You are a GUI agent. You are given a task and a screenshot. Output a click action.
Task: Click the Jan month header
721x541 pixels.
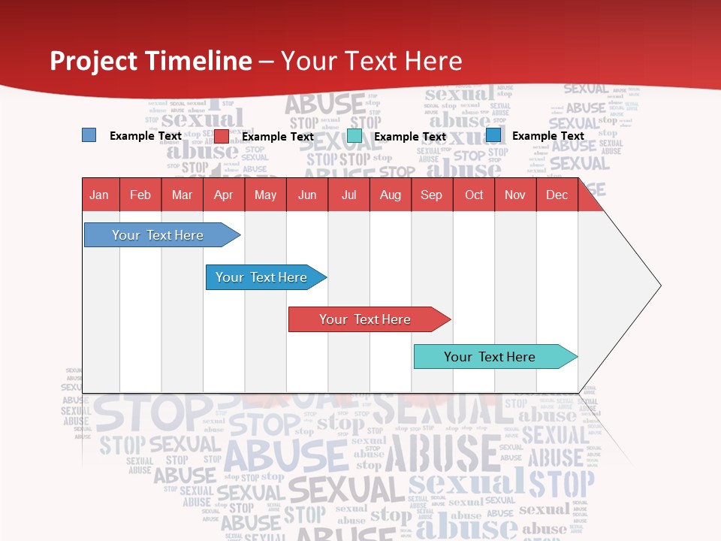(x=99, y=195)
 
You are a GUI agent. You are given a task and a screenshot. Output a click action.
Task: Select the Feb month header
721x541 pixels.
(x=140, y=195)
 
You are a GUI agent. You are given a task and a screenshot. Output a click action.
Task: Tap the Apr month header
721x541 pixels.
(x=223, y=195)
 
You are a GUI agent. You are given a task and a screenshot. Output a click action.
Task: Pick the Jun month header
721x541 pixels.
(x=307, y=195)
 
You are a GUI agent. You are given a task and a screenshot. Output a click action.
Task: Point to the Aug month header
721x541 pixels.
(x=390, y=195)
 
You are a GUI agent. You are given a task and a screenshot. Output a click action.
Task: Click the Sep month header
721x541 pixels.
(x=431, y=195)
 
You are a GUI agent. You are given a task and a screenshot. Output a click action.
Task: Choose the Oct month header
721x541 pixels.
(x=474, y=195)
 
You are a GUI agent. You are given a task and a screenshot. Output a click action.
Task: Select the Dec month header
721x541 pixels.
(x=557, y=195)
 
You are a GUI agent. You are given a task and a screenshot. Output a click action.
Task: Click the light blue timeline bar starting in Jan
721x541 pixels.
(x=158, y=235)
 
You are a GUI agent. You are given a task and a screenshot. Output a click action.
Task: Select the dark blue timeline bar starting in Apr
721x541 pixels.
(x=261, y=277)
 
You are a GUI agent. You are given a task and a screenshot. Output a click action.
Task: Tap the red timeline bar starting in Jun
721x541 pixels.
(x=365, y=319)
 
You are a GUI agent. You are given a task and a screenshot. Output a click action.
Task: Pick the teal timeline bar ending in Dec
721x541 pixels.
(x=490, y=357)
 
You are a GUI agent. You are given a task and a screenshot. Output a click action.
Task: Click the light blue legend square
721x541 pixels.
(x=89, y=135)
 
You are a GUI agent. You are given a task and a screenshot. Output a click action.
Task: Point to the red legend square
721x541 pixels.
(x=221, y=136)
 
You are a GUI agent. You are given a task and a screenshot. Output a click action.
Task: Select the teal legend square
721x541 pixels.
(x=354, y=136)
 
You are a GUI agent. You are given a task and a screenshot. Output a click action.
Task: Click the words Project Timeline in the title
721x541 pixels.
(x=150, y=61)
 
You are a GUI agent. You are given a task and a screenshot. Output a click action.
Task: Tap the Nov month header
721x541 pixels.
(x=515, y=195)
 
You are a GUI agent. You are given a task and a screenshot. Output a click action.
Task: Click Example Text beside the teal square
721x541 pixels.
(x=410, y=137)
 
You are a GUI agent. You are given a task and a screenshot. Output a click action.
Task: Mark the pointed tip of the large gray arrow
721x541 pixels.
(x=659, y=286)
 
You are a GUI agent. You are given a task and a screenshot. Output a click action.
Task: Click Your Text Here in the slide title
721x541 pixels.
(x=372, y=61)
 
